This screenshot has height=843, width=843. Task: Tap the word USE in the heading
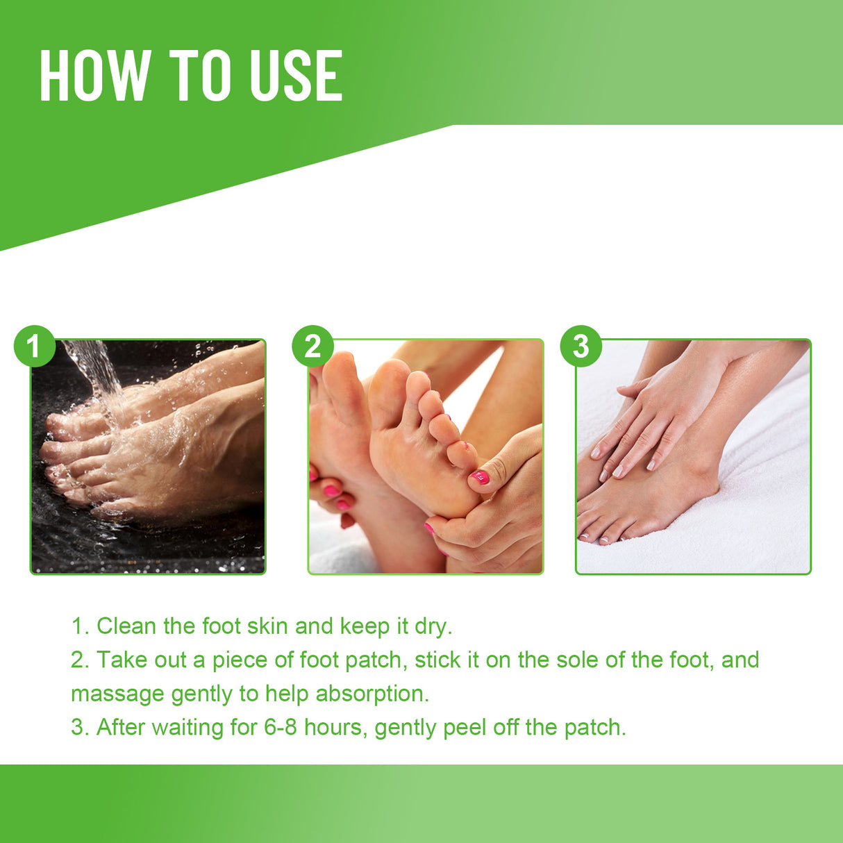[296, 76]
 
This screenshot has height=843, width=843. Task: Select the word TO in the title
[199, 76]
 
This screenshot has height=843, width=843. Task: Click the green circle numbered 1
[34, 346]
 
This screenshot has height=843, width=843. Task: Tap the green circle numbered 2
[312, 346]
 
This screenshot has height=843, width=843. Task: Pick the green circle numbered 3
[581, 346]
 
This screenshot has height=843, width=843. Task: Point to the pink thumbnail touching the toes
[480, 477]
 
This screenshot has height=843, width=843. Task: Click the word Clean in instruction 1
[126, 626]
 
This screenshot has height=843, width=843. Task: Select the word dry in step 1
[433, 626]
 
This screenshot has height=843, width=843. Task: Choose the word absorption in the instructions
[372, 694]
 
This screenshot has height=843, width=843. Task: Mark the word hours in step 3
[339, 727]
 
